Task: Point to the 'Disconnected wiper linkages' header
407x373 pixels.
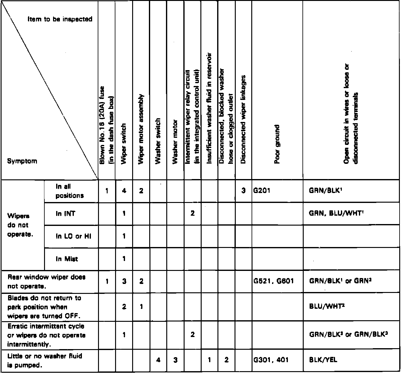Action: (244, 119)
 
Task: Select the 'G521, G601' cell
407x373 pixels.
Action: (273, 281)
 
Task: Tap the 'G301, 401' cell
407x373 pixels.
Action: (271, 360)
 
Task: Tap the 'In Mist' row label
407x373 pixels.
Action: (67, 259)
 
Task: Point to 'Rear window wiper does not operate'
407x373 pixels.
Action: (47, 281)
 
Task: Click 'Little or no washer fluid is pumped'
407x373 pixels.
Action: (45, 360)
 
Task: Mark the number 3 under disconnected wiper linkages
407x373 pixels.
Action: (244, 191)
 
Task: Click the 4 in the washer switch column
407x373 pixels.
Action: (158, 360)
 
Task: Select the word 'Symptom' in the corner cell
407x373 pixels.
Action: (22, 161)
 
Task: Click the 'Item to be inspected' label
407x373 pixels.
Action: (60, 19)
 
